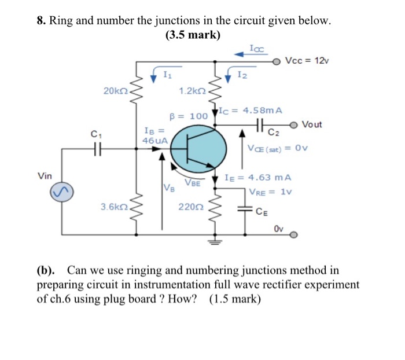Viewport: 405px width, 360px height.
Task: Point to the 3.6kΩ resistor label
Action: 113,206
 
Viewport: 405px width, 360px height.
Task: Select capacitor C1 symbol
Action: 97,149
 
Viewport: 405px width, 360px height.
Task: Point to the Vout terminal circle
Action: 295,124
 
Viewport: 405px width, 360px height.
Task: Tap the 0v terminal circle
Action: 293,236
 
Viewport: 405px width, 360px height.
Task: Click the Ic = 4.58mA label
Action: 250,109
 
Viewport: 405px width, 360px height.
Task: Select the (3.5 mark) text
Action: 193,35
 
